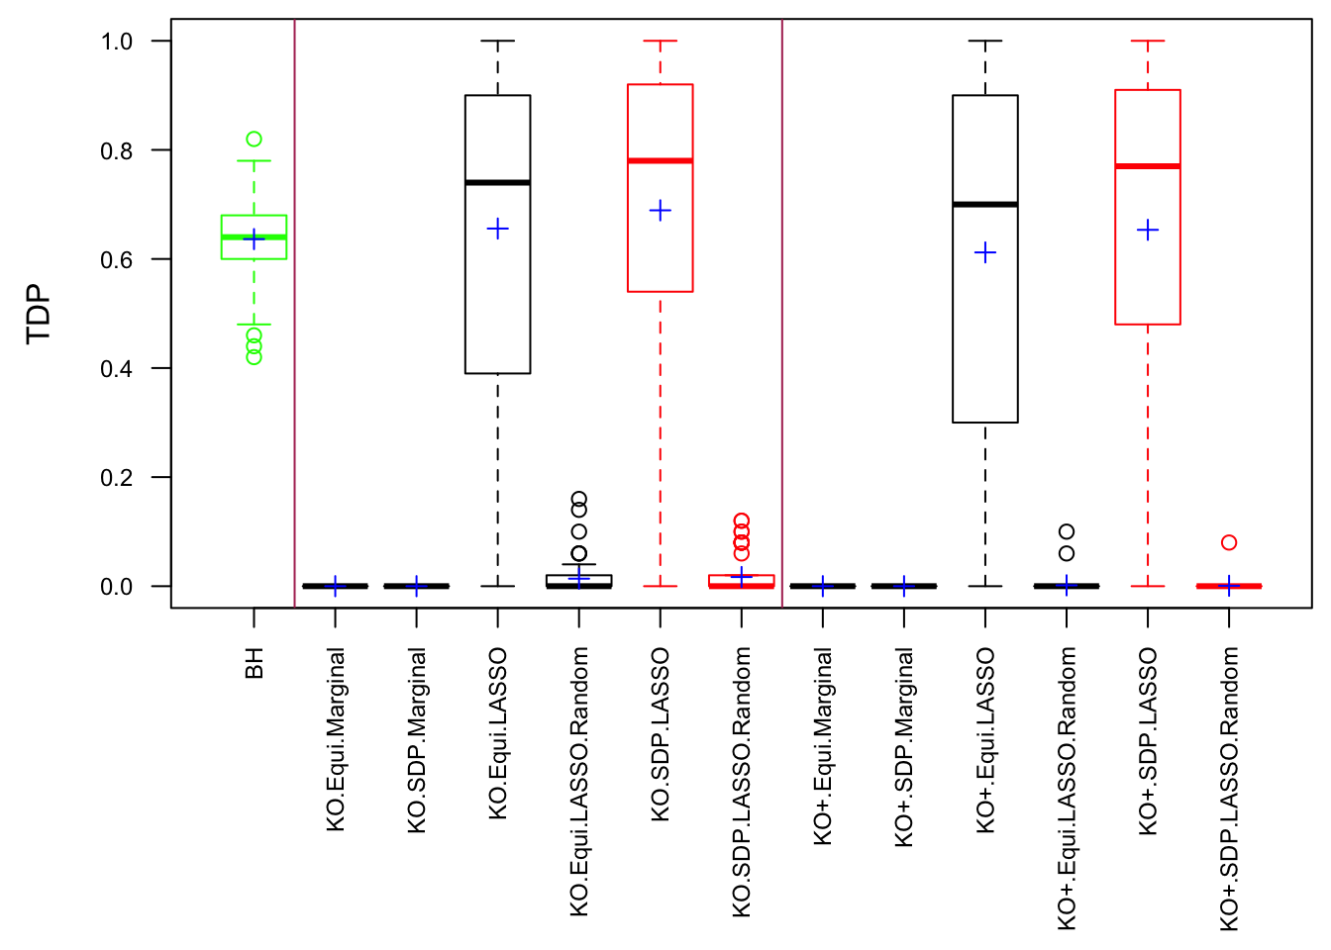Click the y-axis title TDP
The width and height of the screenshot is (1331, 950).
[x=39, y=314]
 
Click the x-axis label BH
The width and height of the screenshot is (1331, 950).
[x=255, y=664]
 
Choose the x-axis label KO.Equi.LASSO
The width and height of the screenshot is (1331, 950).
[x=498, y=733]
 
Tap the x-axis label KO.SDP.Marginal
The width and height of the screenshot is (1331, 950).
[x=417, y=740]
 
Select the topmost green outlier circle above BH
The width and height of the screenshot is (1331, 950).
[x=255, y=140]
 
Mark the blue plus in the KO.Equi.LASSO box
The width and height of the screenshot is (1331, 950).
[x=498, y=230]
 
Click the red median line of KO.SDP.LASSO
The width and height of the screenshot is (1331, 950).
[x=661, y=160]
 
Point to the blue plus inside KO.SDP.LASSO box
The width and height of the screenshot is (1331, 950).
[x=661, y=211]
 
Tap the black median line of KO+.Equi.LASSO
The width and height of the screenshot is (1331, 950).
[x=985, y=204]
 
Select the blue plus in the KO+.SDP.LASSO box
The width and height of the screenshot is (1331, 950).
[x=1148, y=231]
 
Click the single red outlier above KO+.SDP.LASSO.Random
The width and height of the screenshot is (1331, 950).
[x=1229, y=542]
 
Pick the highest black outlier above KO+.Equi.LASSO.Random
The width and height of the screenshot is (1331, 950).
[x=1067, y=532]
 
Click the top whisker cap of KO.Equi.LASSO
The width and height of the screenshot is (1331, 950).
[x=498, y=42]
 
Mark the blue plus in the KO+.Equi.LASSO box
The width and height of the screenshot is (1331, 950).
[x=985, y=253]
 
